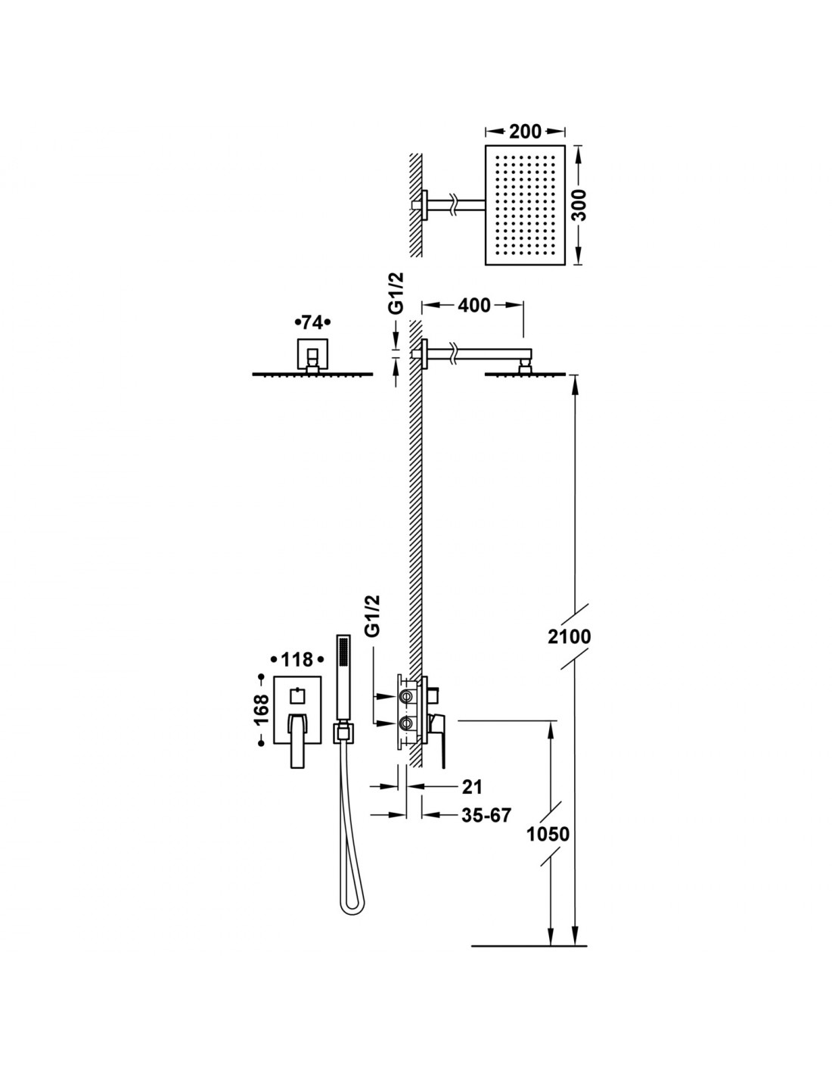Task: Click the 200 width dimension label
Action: coord(525,132)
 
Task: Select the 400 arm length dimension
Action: coord(473,306)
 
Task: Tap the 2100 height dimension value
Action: coord(570,636)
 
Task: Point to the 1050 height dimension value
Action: coord(548,835)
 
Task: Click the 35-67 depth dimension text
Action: coord(486,815)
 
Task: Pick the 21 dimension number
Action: coord(471,786)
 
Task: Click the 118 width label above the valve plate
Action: coord(297,660)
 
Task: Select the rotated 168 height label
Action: coord(262,710)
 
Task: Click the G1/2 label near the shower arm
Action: coord(396,293)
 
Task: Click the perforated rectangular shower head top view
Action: coord(525,205)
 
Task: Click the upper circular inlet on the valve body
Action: coord(405,696)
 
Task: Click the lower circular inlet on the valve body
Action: coord(405,723)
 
